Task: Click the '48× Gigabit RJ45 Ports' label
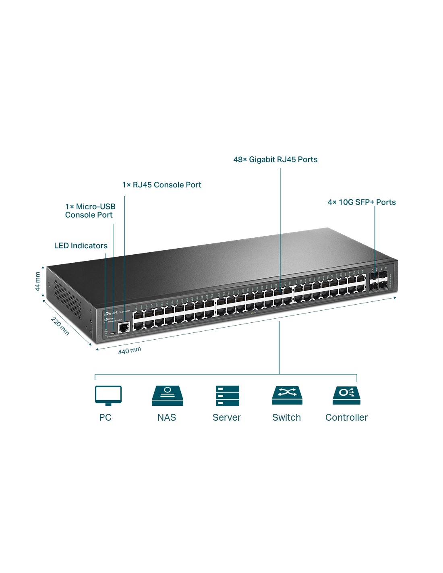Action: [x=275, y=160]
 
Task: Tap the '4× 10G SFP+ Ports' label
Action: [x=361, y=202]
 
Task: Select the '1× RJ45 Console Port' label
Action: [x=161, y=185]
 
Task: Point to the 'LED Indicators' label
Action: [x=81, y=246]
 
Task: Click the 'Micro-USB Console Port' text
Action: [x=90, y=211]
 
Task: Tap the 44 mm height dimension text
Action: [x=37, y=281]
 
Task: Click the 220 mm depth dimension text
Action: [x=60, y=326]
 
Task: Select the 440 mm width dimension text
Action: [x=129, y=351]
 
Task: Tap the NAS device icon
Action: [x=167, y=396]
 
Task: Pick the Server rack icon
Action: [x=227, y=396]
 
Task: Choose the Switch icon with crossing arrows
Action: [x=287, y=395]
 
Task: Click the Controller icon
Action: [x=346, y=395]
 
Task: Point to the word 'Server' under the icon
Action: [x=226, y=417]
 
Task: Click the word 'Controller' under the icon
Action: [x=346, y=417]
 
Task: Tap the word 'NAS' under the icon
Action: [x=167, y=417]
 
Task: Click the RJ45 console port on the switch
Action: [x=124, y=327]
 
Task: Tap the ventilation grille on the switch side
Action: [x=68, y=298]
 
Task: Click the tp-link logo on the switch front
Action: [x=111, y=313]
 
